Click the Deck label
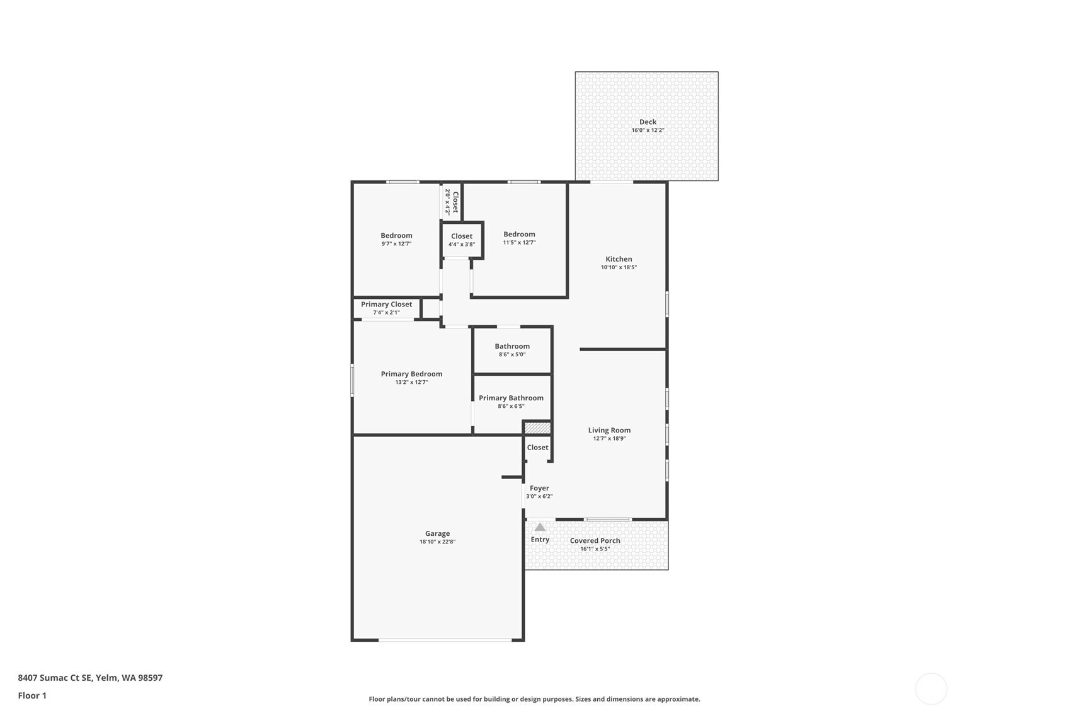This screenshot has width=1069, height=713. tap(648, 122)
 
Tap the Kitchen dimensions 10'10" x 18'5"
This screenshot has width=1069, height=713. tap(619, 267)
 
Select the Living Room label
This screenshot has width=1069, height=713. tap(609, 431)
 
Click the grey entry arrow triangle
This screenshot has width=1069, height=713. tap(540, 527)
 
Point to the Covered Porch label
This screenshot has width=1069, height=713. tap(595, 541)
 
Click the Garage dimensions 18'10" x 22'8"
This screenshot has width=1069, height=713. tap(437, 542)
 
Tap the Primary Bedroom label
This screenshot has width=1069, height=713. tap(411, 374)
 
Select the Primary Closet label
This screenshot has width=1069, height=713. tap(386, 304)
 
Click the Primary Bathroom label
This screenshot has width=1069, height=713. tap(511, 398)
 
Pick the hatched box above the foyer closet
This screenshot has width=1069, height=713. tap(537, 428)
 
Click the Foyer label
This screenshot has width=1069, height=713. tap(539, 488)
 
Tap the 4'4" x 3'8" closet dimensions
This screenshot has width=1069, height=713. tap(462, 245)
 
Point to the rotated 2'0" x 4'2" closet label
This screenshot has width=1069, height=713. tap(452, 202)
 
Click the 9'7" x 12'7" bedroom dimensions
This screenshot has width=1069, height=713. tap(396, 243)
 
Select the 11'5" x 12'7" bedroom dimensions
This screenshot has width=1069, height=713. tap(519, 243)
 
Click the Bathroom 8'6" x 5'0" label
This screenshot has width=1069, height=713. tap(512, 350)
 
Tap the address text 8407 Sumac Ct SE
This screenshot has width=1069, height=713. tap(55, 678)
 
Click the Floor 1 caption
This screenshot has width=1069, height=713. tap(32, 695)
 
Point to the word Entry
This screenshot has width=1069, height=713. tap(540, 539)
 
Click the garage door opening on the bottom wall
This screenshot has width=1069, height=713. tap(445, 639)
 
